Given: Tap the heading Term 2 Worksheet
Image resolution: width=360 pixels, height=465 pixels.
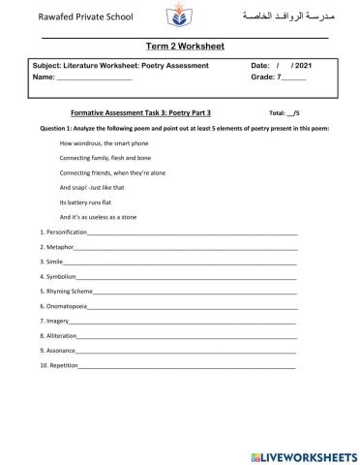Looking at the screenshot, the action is (x=180, y=46).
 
